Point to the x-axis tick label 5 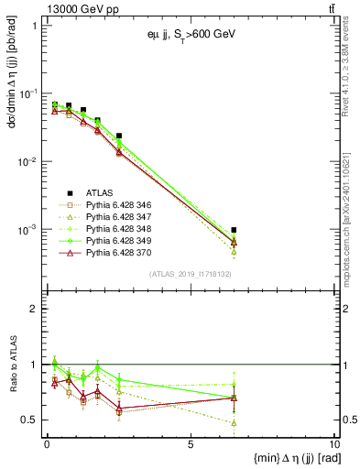[x=190, y=444]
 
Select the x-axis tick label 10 [x=333, y=444]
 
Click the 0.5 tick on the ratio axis [x=33, y=420]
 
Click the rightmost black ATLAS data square [x=235, y=230]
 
